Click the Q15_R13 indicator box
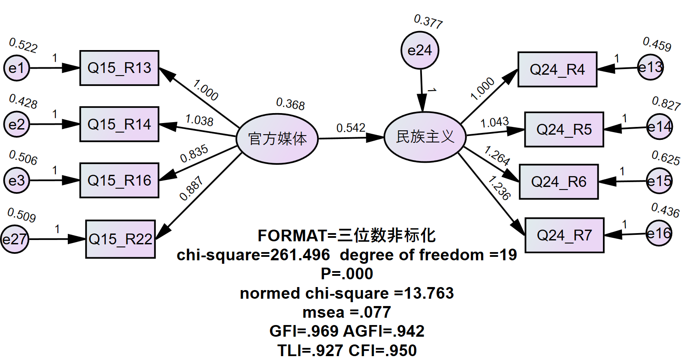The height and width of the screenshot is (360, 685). point(119,68)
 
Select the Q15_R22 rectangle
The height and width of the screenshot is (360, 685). point(121,239)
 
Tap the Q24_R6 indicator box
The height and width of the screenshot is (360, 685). point(558,182)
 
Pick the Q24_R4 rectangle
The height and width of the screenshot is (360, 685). point(557,69)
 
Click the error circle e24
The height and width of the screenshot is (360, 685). point(419,51)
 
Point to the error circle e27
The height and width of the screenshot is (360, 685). point(14,239)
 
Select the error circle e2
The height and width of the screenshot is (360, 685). point(16,124)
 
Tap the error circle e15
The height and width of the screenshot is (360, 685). point(659,181)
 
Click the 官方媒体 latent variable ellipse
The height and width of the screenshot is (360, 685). point(277,139)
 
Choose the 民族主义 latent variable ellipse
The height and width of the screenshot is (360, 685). point(425,137)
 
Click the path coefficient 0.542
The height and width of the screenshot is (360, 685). point(351,128)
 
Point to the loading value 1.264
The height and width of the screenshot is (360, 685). point(497,155)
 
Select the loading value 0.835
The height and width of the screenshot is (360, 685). point(194,154)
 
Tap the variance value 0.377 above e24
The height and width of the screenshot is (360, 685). point(428,21)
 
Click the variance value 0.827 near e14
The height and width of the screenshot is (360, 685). point(666,104)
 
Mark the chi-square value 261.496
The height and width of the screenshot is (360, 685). point(300,255)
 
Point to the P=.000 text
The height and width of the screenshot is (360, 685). point(347,274)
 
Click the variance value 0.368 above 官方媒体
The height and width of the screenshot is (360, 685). point(290,104)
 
